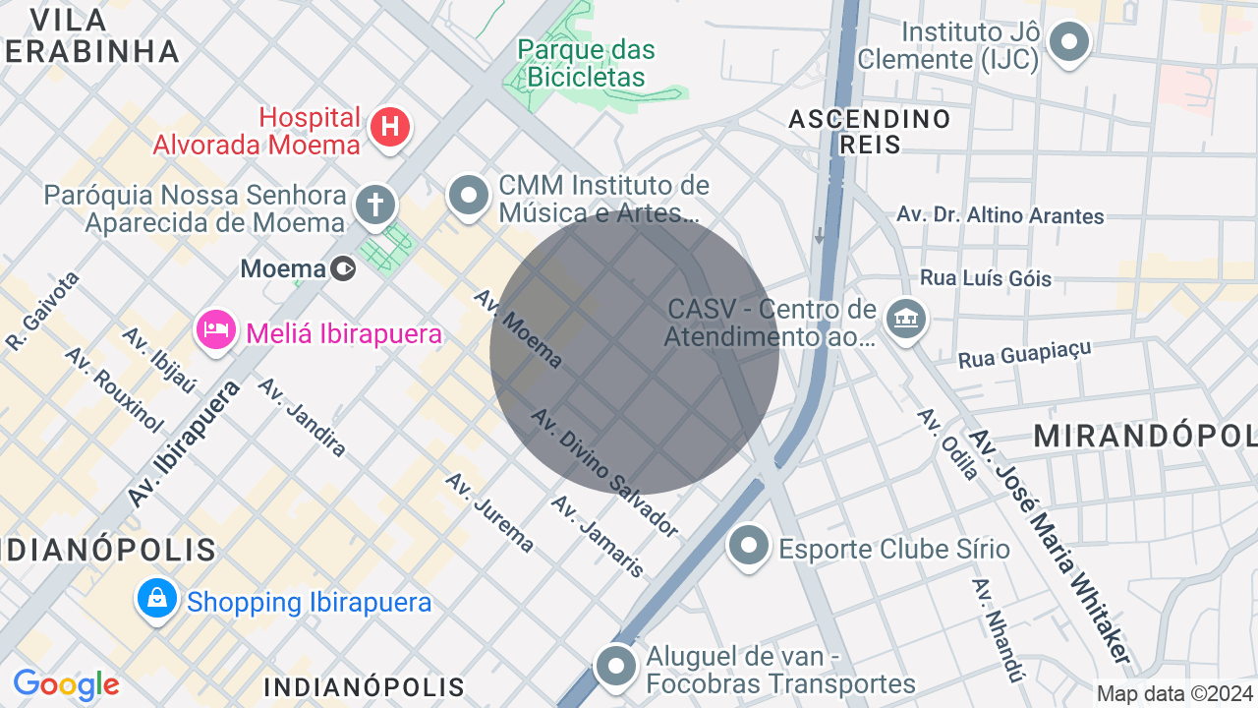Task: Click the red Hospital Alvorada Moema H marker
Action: click(x=390, y=127)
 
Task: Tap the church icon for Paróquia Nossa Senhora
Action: click(x=374, y=205)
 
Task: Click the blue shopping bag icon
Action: click(x=157, y=598)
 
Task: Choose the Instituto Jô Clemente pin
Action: click(x=1068, y=42)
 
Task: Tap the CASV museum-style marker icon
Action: click(x=905, y=318)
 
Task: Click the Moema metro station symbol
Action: click(x=343, y=267)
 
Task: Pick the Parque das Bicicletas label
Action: click(x=586, y=63)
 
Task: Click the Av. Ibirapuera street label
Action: click(x=184, y=444)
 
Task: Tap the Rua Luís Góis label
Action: click(x=986, y=278)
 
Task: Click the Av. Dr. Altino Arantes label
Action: click(x=1001, y=214)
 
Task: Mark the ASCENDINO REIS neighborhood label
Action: click(x=870, y=132)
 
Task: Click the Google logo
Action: click(x=66, y=684)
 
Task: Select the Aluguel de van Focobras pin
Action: click(x=616, y=666)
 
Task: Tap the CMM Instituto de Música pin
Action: click(x=469, y=195)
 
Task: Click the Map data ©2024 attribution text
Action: click(x=1175, y=693)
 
